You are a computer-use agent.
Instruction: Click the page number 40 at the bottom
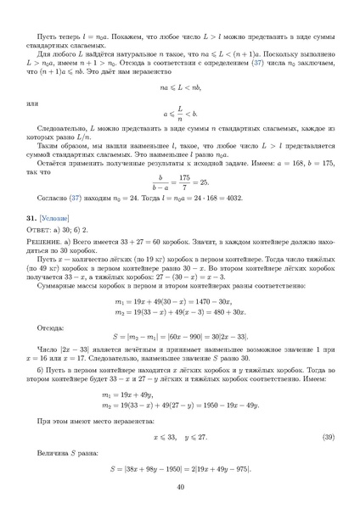coord(180,486)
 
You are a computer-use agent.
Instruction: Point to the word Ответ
coord(40,230)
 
